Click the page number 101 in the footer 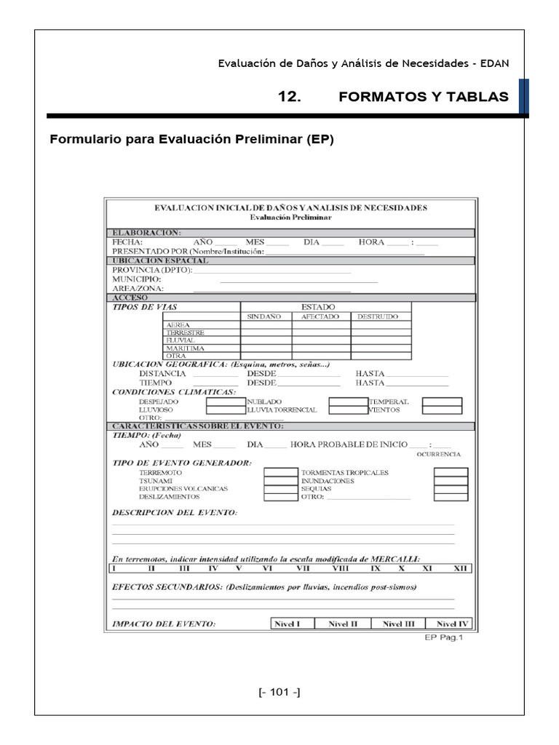[279, 692]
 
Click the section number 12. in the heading [290, 97]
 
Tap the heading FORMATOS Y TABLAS [424, 97]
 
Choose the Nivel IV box [453, 624]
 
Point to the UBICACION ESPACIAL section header [159, 260]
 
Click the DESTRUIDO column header [376, 316]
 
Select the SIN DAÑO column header [266, 316]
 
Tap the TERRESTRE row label [185, 332]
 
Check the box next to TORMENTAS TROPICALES [451, 472]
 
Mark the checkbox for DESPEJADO [225, 402]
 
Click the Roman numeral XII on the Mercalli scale [460, 568]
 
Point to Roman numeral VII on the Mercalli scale [304, 568]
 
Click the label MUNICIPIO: [137, 279]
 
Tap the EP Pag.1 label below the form [443, 637]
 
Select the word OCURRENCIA [438, 454]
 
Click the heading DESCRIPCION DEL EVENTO [175, 512]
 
